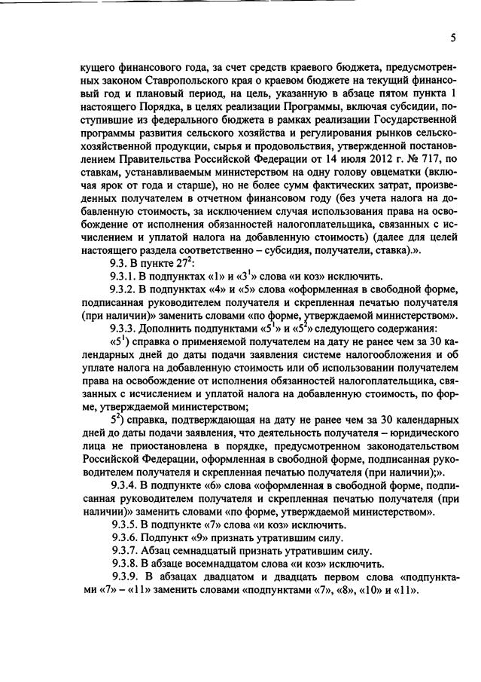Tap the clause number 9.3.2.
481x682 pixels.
(124, 292)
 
